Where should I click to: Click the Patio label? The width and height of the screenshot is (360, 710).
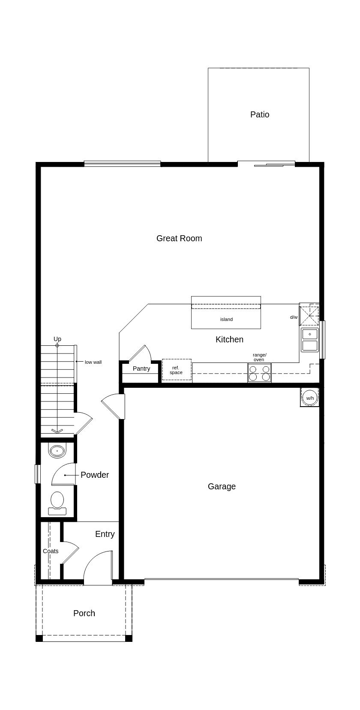point(260,114)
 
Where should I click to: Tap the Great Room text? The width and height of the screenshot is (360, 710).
point(179,238)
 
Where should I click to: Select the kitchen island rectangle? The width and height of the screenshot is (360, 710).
point(226,317)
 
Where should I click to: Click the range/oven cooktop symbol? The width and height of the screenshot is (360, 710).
point(259,373)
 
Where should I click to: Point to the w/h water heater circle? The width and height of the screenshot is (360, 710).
point(310,398)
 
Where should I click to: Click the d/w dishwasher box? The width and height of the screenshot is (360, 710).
point(309,315)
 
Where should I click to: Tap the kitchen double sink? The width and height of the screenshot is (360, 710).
point(310,340)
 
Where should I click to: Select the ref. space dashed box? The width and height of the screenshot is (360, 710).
point(176,370)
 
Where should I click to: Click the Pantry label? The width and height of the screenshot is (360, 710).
point(141,368)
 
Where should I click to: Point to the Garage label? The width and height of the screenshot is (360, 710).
point(222,486)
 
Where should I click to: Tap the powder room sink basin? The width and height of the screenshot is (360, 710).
point(57,451)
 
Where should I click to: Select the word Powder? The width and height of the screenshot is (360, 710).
point(95,475)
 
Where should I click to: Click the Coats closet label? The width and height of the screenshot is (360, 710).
point(51,551)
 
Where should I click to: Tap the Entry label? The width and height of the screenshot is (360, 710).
point(105,534)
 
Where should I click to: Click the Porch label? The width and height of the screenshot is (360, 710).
point(84,613)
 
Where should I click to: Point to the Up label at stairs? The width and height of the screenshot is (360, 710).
point(57,339)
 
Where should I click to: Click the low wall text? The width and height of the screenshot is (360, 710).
point(93,362)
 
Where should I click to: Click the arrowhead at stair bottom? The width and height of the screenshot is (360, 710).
point(57,431)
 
